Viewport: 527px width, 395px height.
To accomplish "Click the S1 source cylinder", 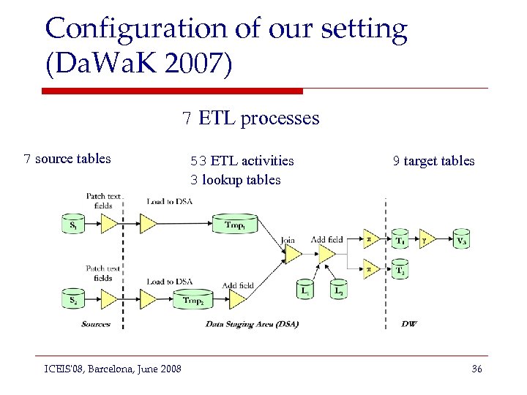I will [x=73, y=224].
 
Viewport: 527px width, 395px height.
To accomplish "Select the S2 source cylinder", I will [x=73, y=298].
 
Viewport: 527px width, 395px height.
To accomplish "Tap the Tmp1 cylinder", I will [x=234, y=224].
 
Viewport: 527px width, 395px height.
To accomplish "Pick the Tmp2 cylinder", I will [x=193, y=299].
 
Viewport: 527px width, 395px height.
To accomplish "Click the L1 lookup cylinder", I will [x=307, y=290].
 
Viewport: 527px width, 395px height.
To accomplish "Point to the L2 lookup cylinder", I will [x=339, y=290].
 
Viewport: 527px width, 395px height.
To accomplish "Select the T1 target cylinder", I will [x=400, y=239].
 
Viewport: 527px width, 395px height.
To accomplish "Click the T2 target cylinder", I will [x=400, y=269].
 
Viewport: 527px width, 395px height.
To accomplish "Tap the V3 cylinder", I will [x=460, y=239].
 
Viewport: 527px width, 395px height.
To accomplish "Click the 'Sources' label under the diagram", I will [x=96, y=323].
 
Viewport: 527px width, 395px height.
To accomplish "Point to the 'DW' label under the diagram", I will [x=409, y=323].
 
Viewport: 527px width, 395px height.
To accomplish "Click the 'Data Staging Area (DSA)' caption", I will [x=252, y=323].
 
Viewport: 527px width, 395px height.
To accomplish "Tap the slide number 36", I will [x=476, y=369].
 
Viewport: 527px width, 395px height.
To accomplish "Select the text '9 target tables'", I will [x=433, y=161].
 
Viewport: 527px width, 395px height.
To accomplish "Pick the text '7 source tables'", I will [x=67, y=159].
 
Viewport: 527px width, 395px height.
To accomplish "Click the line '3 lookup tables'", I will [x=235, y=179].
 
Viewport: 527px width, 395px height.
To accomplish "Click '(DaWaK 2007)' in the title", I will [x=138, y=64].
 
